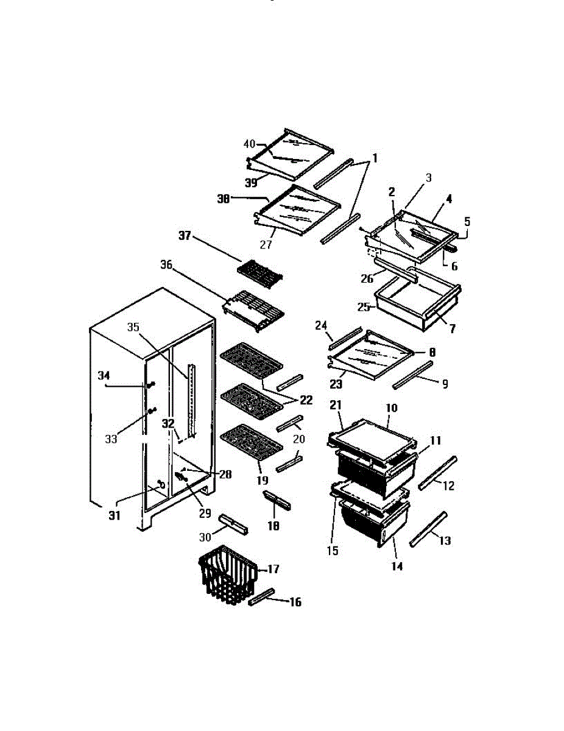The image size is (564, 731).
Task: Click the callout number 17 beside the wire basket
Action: [x=273, y=569]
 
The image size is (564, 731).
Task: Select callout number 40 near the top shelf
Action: [x=249, y=144]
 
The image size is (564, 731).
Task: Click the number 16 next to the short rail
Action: [x=295, y=602]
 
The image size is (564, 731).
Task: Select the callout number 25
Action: [x=364, y=308]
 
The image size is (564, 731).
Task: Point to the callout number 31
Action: [x=115, y=516]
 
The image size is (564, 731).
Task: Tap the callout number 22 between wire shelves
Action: [x=305, y=400]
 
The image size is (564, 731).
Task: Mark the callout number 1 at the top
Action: [x=375, y=159]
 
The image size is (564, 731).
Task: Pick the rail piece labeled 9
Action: [x=412, y=374]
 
